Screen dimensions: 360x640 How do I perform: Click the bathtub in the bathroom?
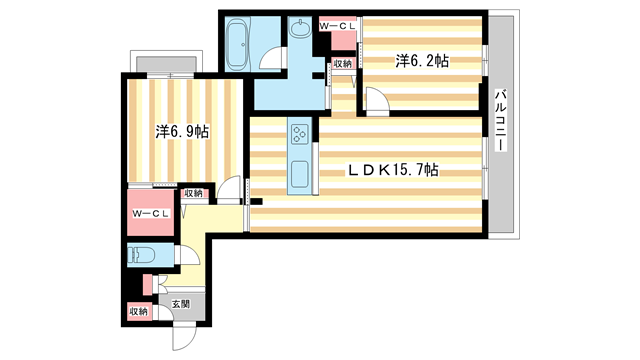click(x=237, y=42)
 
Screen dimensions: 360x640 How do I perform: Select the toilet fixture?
click(x=138, y=253)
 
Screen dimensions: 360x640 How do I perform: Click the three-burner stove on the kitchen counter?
click(x=300, y=133)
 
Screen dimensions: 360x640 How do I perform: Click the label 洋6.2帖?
click(x=421, y=61)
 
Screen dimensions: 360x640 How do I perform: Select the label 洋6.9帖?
click(x=182, y=131)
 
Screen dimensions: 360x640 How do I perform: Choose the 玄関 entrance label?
click(x=179, y=304)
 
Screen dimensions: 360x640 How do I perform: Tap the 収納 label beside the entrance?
click(x=138, y=313)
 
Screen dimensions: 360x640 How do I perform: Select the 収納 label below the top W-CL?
click(x=342, y=63)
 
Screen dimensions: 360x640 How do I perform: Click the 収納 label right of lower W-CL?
click(x=193, y=193)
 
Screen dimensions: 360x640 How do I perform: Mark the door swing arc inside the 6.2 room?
click(x=375, y=97)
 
